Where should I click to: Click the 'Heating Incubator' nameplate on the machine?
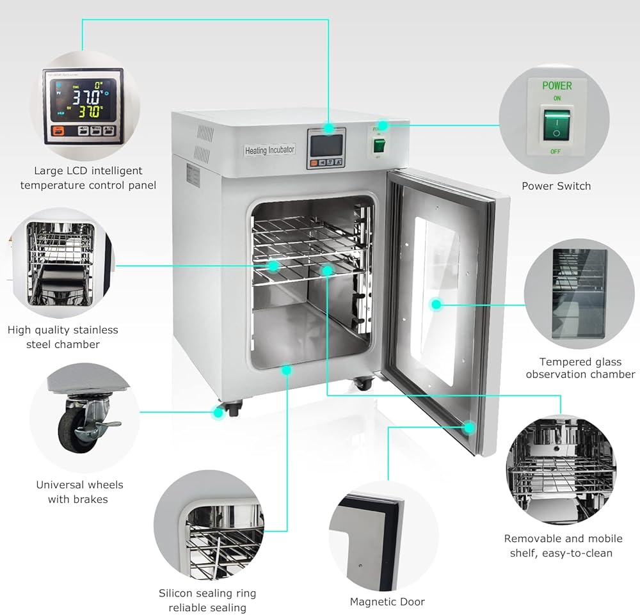coord(269,150)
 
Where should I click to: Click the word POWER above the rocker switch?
coord(557,85)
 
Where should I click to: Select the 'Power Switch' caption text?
coord(556,186)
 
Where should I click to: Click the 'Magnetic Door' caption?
coord(387,602)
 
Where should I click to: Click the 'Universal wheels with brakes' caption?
coord(79,491)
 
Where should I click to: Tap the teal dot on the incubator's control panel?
coord(329,129)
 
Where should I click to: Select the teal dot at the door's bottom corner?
coord(470,426)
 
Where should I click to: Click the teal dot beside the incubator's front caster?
coord(219,413)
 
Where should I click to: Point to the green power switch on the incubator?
coord(379,147)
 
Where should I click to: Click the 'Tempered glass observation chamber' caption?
coord(580,368)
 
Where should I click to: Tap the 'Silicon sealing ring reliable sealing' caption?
coord(207,600)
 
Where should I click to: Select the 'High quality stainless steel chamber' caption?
coord(63,337)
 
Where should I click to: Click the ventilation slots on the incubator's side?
coord(204,143)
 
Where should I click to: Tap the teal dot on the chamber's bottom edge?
coord(287,370)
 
